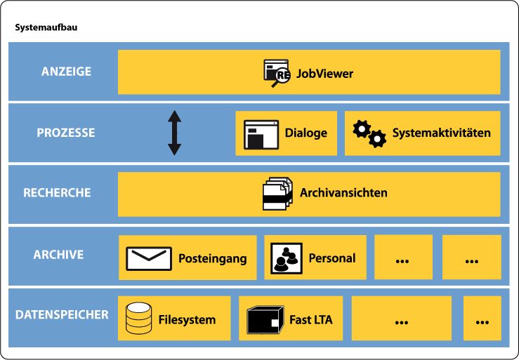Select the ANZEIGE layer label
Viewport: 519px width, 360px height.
(66, 72)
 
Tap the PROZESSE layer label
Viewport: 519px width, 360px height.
(66, 133)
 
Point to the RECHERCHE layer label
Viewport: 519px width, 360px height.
(57, 192)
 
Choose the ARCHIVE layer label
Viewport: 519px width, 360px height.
(58, 254)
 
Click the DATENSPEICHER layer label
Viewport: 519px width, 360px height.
(62, 314)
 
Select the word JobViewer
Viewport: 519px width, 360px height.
(324, 73)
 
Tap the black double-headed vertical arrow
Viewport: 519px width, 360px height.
(174, 133)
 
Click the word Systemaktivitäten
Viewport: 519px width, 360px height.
(441, 133)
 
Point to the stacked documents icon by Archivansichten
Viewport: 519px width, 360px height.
(277, 193)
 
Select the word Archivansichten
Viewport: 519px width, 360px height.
(343, 192)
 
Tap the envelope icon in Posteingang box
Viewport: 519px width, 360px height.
(149, 258)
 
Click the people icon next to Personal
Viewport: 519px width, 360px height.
(287, 258)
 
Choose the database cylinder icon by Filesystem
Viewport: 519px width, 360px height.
(138, 319)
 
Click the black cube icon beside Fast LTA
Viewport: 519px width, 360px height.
(265, 320)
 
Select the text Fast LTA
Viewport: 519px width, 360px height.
(311, 320)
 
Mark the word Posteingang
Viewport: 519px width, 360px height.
(212, 258)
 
